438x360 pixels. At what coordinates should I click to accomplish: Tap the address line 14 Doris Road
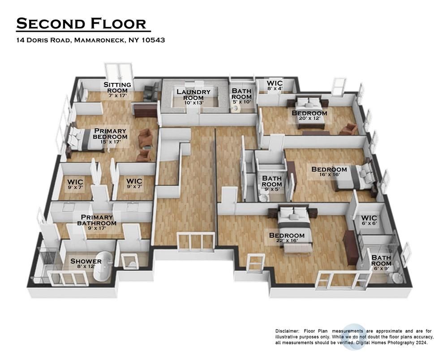[90, 40]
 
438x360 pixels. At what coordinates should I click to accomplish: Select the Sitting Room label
[117, 87]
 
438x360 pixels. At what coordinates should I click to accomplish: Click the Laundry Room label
[193, 95]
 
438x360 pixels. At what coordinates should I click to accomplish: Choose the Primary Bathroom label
[97, 221]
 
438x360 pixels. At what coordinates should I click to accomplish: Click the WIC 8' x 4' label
[275, 85]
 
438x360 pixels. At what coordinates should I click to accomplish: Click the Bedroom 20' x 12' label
[309, 116]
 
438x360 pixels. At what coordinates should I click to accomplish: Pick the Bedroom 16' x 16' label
[329, 172]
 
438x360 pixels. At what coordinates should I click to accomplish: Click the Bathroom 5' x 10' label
[241, 96]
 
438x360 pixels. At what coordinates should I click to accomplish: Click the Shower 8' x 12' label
[86, 264]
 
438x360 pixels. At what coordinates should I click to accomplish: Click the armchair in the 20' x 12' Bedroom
[348, 129]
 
